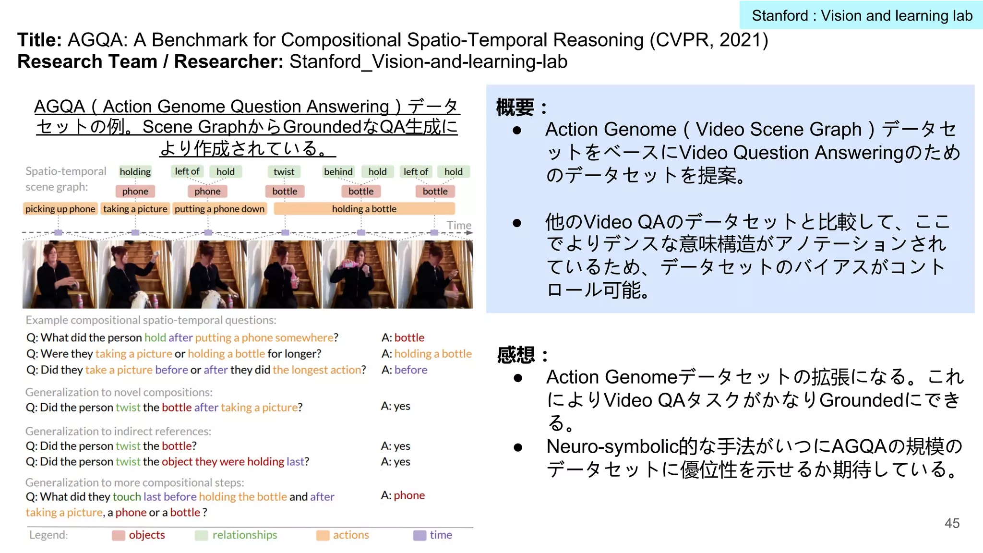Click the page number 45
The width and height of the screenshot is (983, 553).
(x=952, y=523)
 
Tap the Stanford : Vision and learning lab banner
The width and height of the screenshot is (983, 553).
(x=862, y=15)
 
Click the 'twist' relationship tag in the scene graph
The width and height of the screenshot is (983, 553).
(x=284, y=172)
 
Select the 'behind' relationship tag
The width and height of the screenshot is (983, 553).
(x=338, y=172)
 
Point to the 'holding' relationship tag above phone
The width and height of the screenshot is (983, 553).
(x=135, y=172)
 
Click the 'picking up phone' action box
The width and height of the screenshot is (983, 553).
(x=60, y=209)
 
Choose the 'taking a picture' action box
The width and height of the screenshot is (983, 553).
(x=135, y=209)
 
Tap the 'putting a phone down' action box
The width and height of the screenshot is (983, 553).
(x=219, y=209)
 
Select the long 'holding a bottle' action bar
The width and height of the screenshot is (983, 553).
(x=364, y=209)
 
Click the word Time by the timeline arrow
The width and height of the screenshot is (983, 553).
(x=459, y=225)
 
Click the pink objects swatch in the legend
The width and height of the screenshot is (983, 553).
(x=118, y=535)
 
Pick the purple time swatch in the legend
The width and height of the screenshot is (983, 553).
(x=420, y=535)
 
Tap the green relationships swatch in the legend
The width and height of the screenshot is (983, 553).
(x=202, y=535)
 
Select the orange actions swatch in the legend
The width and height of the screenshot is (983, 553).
(x=323, y=535)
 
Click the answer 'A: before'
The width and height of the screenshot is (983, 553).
(x=404, y=370)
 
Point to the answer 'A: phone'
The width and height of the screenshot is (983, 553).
(x=403, y=495)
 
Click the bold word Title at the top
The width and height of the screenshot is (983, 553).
(x=39, y=40)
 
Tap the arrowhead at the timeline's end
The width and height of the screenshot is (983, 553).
(x=469, y=233)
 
